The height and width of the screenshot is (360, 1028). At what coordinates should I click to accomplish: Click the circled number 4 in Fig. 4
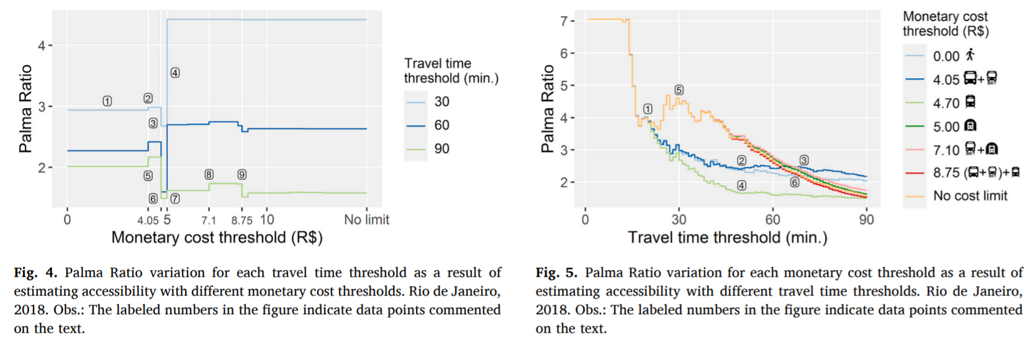175,73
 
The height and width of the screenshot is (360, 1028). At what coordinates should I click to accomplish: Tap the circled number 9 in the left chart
242,175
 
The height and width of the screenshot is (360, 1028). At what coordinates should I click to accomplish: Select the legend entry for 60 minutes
441,125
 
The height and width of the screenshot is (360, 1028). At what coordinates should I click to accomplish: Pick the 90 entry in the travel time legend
441,149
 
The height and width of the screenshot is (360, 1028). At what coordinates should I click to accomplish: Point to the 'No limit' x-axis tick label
366,220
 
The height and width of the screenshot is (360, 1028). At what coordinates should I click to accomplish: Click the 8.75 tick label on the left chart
241,220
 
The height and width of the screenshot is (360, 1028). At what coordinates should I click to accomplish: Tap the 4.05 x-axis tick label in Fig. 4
148,220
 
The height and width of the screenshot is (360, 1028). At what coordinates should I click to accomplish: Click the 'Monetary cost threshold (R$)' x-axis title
217,238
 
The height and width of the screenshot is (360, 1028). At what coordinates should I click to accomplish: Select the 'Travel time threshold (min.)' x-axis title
727,238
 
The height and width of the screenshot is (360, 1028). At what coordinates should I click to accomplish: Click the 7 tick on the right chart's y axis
564,21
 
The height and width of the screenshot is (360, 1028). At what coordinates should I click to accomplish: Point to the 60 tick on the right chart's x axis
772,220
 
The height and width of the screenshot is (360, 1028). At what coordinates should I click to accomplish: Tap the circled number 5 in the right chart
679,91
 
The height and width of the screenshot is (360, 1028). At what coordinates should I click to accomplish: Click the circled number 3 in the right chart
804,161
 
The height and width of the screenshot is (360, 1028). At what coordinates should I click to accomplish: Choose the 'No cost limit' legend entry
970,196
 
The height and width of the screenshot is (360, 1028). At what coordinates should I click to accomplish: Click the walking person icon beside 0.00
970,55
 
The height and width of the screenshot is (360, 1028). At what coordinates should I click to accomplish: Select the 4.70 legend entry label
946,103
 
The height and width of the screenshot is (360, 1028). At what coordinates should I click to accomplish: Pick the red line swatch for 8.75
915,173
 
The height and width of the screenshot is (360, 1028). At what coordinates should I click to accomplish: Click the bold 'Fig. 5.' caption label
556,273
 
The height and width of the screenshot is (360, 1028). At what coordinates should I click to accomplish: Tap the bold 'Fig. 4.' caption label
35,273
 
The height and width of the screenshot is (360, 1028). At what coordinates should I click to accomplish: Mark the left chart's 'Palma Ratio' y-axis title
25,109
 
